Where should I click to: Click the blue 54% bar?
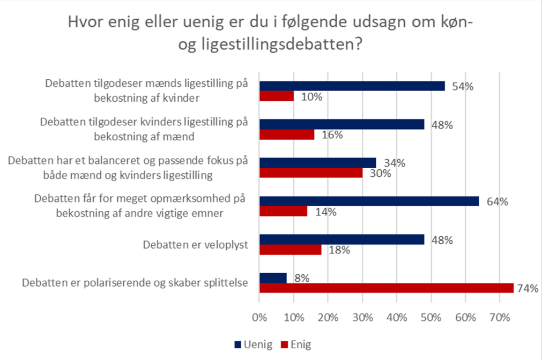click(352, 86)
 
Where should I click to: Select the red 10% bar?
click(277, 96)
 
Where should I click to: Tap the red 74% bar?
click(386, 288)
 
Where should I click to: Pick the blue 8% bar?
click(273, 277)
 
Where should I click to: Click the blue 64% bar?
click(369, 201)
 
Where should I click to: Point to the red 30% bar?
click(311, 173)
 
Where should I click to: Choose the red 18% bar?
click(290, 250)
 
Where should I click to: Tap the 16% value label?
click(332, 134)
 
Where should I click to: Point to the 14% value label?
click(325, 212)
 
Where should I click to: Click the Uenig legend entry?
click(249, 344)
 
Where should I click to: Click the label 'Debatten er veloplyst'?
click(195, 245)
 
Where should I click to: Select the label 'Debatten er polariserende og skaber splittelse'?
click(135, 283)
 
